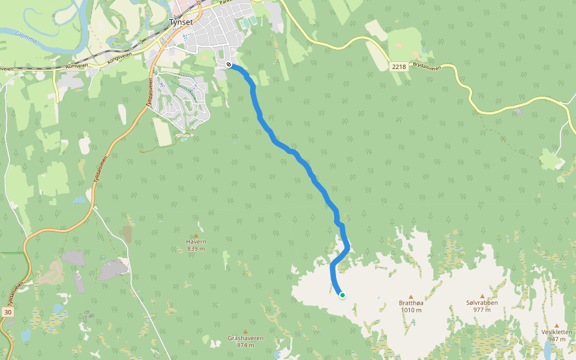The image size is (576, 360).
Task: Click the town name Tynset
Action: coord(181,21)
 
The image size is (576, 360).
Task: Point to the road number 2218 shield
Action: coord(399,67)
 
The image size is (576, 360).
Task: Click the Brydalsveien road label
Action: coord(427,68)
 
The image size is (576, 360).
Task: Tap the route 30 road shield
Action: coord(7,312)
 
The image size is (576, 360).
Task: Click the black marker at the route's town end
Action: coord(229,64)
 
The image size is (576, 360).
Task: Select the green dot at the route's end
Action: coord(342,295)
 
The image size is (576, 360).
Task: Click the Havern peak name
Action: coord(196,242)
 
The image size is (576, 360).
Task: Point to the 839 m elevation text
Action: coord(196,249)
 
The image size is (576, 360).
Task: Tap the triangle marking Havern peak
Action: coord(196,235)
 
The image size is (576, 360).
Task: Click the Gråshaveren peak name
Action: coord(245,338)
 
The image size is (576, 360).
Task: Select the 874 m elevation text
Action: coord(245,345)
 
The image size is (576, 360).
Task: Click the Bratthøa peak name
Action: coord(411,303)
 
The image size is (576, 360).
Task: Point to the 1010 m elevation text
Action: coord(411,310)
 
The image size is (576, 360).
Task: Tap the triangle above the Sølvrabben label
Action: coord(482,296)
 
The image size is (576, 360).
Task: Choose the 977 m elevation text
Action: coord(482,310)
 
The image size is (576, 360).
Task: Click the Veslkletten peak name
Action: coord(556,332)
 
